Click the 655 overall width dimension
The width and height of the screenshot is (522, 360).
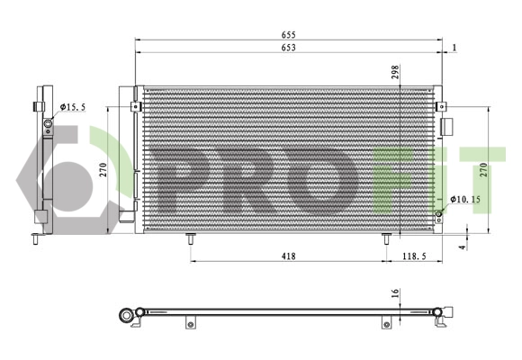(x=288, y=36)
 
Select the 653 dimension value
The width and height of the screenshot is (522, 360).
(x=288, y=47)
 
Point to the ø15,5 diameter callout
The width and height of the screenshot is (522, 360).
(x=73, y=107)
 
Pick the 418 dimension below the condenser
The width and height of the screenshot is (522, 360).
(x=288, y=256)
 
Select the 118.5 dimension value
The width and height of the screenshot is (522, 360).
(x=415, y=256)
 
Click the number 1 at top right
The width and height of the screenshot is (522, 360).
(x=455, y=47)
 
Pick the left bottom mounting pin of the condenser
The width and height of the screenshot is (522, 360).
(x=191, y=238)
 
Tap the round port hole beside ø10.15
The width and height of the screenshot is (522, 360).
(x=438, y=214)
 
